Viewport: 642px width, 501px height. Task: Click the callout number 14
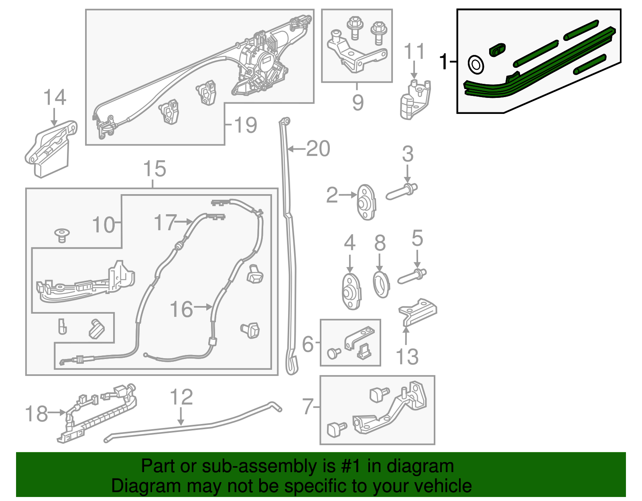[55, 97]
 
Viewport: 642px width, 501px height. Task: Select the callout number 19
[245, 125]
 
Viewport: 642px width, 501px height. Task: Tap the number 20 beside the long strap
[318, 149]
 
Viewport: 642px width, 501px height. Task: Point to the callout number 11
[414, 52]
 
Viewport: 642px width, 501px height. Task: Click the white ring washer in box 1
[476, 65]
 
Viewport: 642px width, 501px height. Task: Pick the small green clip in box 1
[497, 49]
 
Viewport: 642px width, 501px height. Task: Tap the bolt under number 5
[412, 277]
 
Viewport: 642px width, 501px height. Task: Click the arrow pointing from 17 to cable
[185, 221]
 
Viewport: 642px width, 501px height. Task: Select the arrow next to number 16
[203, 307]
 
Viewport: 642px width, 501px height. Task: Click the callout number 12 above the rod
[181, 397]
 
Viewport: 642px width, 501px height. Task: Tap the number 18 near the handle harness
[36, 414]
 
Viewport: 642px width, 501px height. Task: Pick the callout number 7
[308, 407]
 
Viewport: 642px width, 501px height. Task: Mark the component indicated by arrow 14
[50, 148]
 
